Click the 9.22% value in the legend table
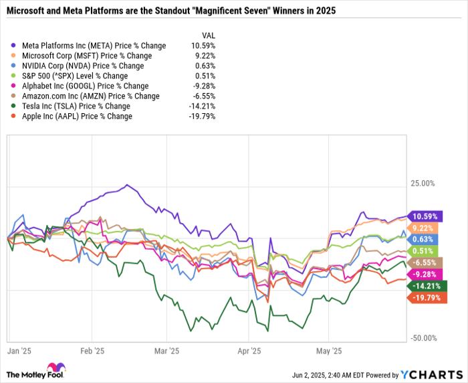coord(204,56)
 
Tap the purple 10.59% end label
coord(426,216)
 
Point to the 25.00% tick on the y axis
coord(422,183)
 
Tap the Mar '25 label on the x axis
coord(167,350)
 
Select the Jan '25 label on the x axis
coord(17,350)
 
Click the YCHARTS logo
coord(433,374)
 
